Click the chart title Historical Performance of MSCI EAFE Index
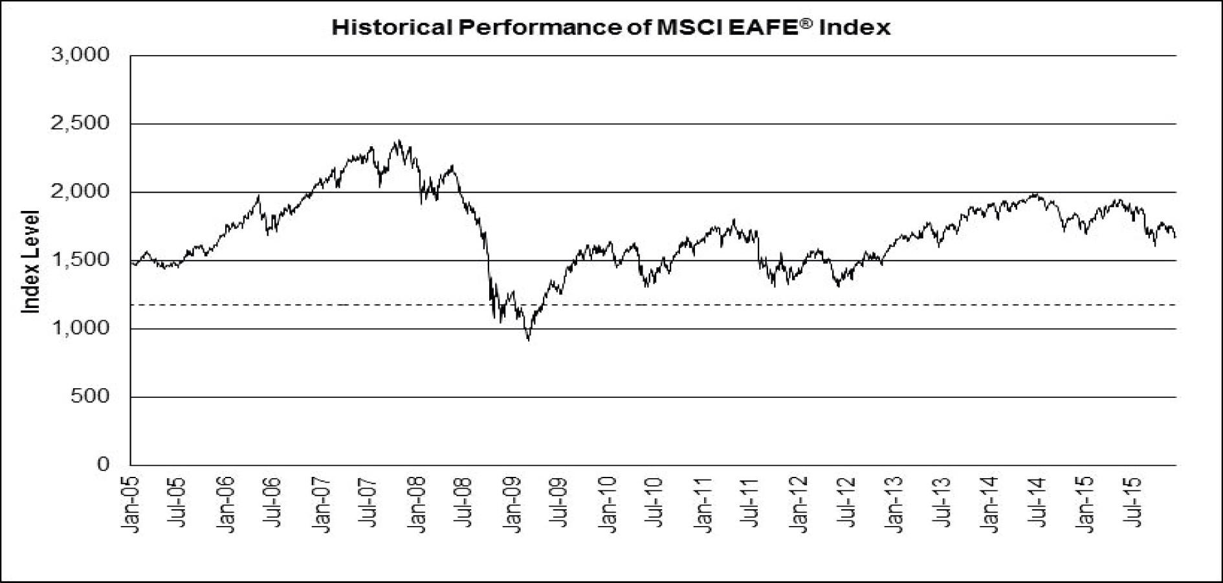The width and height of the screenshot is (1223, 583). [x=611, y=28]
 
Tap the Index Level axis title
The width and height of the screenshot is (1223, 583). [x=31, y=261]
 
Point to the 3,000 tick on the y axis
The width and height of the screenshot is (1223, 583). [x=80, y=55]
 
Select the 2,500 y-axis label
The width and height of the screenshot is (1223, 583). [x=80, y=123]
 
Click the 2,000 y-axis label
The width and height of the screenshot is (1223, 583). [x=80, y=192]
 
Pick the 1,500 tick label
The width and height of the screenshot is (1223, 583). [x=80, y=260]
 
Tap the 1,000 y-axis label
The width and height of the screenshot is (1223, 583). [x=80, y=328]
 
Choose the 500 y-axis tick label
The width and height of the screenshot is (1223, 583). [x=90, y=397]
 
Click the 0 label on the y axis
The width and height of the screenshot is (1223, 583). [x=104, y=465]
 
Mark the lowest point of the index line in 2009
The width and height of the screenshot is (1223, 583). [x=529, y=340]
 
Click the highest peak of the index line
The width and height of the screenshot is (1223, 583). [x=399, y=140]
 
